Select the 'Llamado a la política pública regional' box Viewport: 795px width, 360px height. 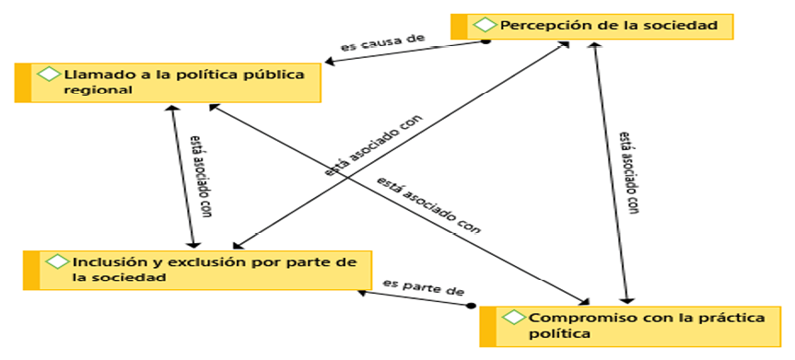point(175,82)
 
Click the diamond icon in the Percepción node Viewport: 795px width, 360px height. point(483,25)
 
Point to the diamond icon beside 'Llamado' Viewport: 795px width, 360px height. point(47,73)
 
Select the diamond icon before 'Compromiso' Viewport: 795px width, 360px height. point(513,318)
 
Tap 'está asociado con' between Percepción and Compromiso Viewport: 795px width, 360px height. point(629,172)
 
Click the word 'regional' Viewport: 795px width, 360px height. point(99,90)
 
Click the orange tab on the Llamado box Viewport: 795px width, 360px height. point(23,82)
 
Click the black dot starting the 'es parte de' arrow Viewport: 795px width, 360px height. point(471,304)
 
